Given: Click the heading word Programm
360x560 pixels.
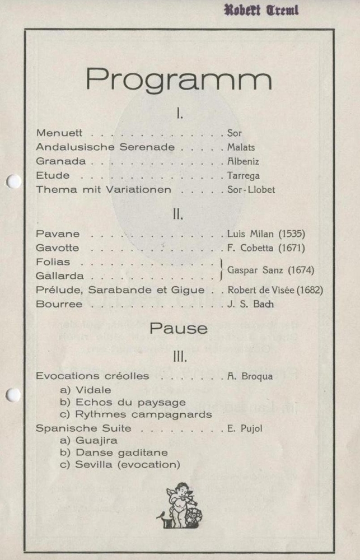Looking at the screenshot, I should (x=179, y=80).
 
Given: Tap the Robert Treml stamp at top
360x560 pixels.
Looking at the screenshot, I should (x=261, y=10).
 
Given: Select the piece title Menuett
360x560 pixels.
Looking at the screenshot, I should (x=59, y=133).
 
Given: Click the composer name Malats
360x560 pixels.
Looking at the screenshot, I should (x=241, y=147).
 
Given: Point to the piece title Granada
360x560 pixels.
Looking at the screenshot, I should (x=61, y=161).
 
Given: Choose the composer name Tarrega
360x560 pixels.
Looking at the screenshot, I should (x=243, y=176).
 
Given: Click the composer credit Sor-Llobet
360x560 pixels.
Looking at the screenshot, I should (x=251, y=190).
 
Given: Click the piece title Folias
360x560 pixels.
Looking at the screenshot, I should (x=53, y=262).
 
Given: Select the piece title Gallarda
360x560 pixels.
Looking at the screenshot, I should (x=60, y=276).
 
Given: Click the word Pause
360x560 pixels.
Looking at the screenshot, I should (x=179, y=329).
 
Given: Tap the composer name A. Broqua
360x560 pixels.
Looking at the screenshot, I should (x=250, y=376).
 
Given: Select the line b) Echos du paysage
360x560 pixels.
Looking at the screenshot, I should (x=123, y=402).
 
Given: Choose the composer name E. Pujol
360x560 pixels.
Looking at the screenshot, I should (x=245, y=428).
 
